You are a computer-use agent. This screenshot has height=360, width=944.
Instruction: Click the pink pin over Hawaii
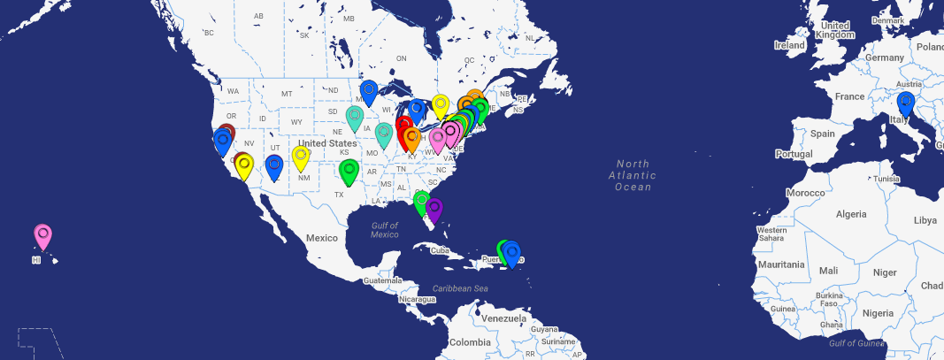(42, 235)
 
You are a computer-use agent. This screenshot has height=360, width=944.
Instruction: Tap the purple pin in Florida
(434, 210)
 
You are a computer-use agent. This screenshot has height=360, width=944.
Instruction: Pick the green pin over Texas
(349, 172)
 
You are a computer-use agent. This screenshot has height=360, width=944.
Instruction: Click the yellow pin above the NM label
(301, 157)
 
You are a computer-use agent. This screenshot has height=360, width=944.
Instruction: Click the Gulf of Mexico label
(385, 230)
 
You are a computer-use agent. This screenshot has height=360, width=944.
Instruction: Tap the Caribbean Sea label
(460, 289)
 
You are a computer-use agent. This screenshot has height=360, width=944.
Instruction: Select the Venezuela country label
(503, 318)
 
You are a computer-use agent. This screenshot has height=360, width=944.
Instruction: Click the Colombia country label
(469, 342)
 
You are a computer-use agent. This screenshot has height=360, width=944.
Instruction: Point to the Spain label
(822, 134)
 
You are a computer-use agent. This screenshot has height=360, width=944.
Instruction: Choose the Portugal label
(793, 154)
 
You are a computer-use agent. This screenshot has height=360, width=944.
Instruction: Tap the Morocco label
(806, 193)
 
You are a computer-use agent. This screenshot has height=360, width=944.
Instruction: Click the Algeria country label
(852, 214)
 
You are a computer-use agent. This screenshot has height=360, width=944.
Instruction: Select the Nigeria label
(879, 313)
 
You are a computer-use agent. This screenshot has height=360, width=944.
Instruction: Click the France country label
(849, 96)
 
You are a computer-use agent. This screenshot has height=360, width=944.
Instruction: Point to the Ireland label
(789, 45)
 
